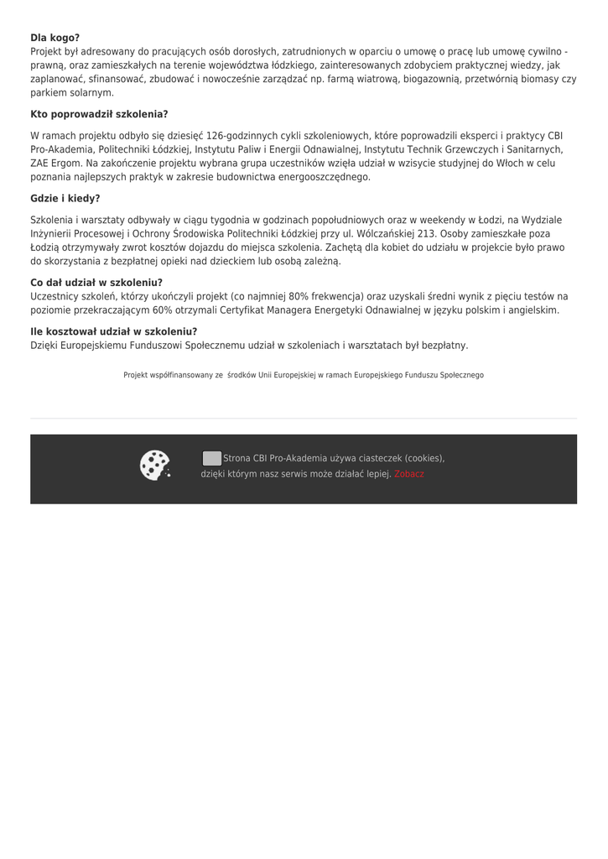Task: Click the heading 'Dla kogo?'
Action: (x=55, y=38)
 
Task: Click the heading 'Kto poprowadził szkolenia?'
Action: (x=99, y=114)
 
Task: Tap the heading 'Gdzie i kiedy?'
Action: (x=65, y=199)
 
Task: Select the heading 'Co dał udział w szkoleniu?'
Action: (x=96, y=283)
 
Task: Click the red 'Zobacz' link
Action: (x=409, y=474)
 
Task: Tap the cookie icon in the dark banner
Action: (x=155, y=466)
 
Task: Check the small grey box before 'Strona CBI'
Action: (x=212, y=458)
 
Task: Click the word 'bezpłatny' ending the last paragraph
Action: (x=444, y=346)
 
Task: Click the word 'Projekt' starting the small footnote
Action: (x=137, y=375)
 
